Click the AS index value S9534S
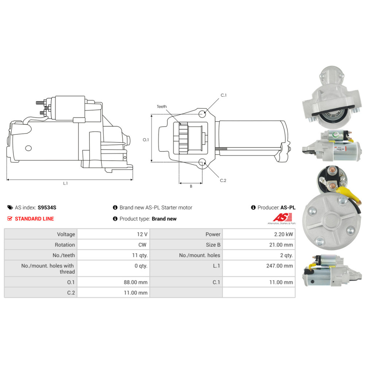tap(47, 207)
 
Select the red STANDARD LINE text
tap(34, 219)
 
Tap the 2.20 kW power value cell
tap(259, 234)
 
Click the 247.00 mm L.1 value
tap(279, 266)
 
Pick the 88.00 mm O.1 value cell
tap(114, 282)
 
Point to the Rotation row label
tap(65, 245)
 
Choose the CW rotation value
tap(142, 245)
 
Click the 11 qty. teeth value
tap(140, 255)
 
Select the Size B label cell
tap(186, 245)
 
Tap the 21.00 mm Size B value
tap(281, 245)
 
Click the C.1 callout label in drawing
tap(223, 95)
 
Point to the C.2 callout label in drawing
tap(223, 180)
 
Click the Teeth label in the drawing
tap(162, 106)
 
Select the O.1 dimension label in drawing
tap(146, 140)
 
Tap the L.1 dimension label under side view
tap(65, 183)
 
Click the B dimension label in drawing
tap(191, 186)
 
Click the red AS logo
tap(283, 218)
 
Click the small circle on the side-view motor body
tap(28, 148)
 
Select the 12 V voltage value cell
tap(114, 234)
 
